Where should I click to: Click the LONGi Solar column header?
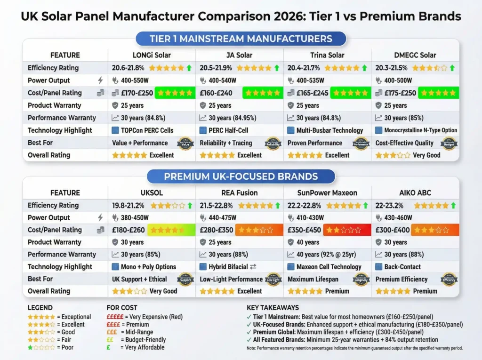click(x=152, y=55)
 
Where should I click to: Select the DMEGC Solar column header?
click(x=416, y=55)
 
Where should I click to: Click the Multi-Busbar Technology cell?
click(x=323, y=130)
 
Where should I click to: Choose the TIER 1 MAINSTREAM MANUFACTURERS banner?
click(x=241, y=39)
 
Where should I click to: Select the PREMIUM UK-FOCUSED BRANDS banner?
click(x=241, y=176)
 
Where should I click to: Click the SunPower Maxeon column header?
click(x=328, y=192)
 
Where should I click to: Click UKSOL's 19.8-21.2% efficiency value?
click(x=128, y=205)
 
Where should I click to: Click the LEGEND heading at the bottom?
click(x=40, y=308)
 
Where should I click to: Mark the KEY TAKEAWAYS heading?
click(x=272, y=308)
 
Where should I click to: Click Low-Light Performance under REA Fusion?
click(x=231, y=279)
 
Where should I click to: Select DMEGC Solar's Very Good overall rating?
click(x=426, y=155)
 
